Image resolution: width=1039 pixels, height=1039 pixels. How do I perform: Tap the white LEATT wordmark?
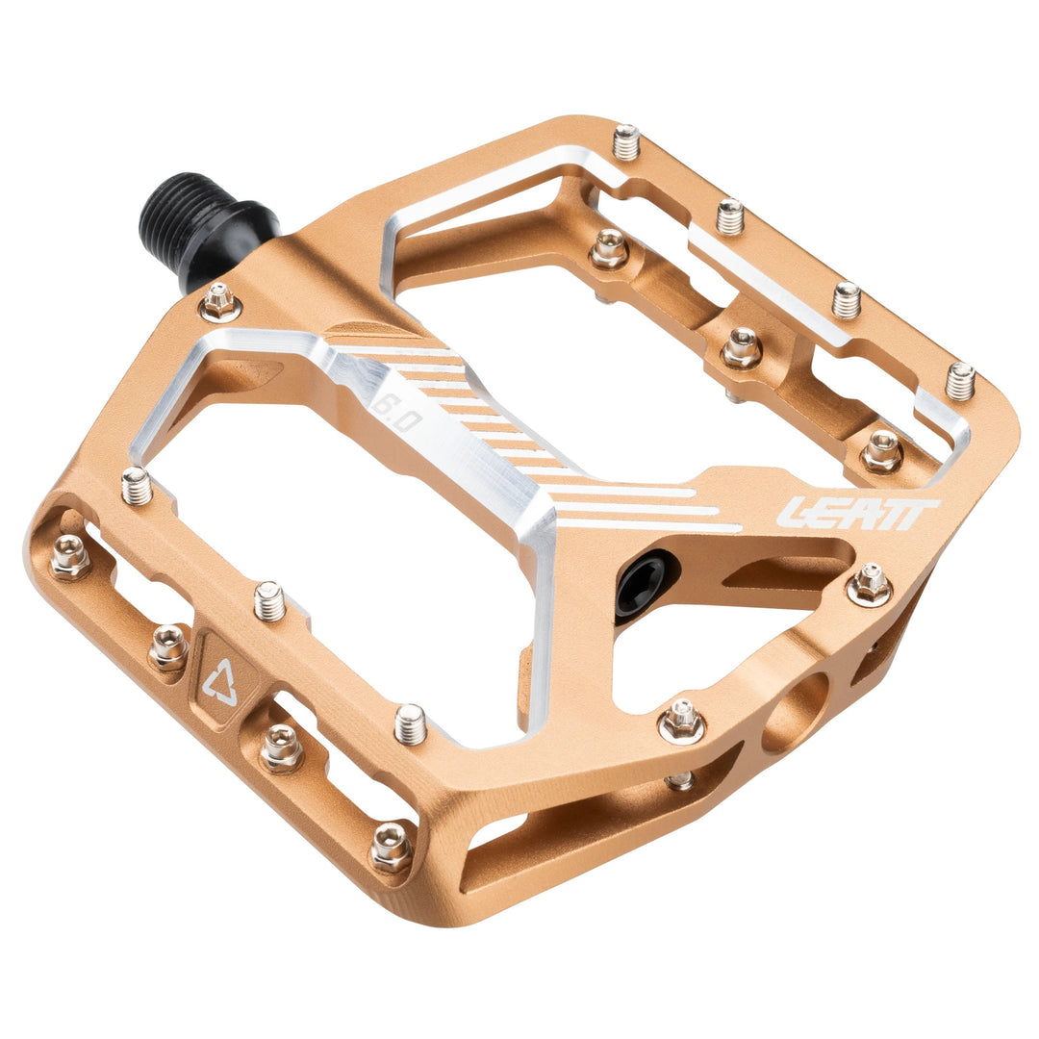click(x=856, y=513)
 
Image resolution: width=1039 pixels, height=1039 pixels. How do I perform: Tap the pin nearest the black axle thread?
click(x=220, y=302)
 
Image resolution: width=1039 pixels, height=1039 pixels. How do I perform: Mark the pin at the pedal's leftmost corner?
click(x=70, y=556)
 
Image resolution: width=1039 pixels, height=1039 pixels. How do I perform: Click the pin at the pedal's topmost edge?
click(x=626, y=141)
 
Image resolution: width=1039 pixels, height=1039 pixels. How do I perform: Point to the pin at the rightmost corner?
click(x=960, y=381)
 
